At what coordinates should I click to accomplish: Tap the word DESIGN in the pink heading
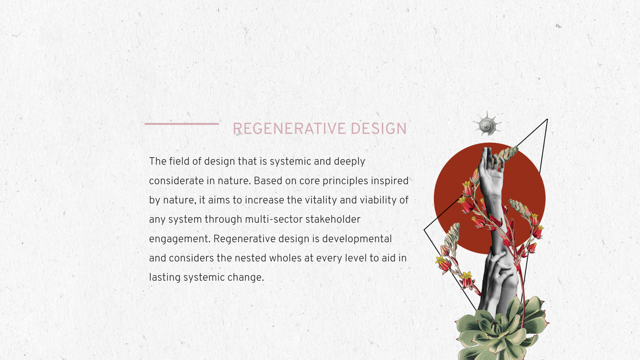pos(379,129)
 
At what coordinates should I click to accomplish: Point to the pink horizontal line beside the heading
pos(181,124)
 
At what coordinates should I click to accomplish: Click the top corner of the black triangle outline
pos(547,119)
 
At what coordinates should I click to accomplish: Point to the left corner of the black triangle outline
pos(424,229)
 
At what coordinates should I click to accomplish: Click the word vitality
pos(321,200)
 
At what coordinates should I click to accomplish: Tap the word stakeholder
pos(333,220)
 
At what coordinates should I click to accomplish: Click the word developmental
pos(357,239)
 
